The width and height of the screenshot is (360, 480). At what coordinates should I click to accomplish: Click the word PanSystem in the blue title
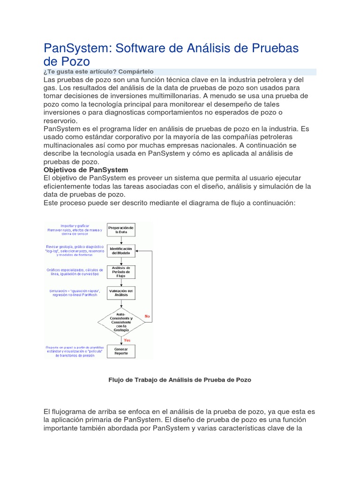tap(77, 48)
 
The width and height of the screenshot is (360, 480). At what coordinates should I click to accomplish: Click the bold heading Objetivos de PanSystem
tap(86, 170)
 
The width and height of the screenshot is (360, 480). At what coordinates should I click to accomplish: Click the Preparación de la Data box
tap(121, 230)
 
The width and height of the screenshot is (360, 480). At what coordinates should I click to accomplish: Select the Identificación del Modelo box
tap(121, 251)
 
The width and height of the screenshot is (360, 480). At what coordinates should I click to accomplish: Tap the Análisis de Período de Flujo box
tap(121, 271)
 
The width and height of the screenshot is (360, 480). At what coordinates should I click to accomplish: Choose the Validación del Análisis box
tap(121, 293)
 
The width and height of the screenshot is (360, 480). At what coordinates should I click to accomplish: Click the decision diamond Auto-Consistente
tap(121, 322)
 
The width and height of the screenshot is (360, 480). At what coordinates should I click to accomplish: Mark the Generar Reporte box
tap(121, 351)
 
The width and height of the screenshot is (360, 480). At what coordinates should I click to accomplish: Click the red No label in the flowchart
tap(147, 316)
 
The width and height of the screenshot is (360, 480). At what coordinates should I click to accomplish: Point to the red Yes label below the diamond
tap(127, 339)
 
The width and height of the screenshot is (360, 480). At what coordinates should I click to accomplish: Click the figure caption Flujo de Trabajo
tap(180, 380)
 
